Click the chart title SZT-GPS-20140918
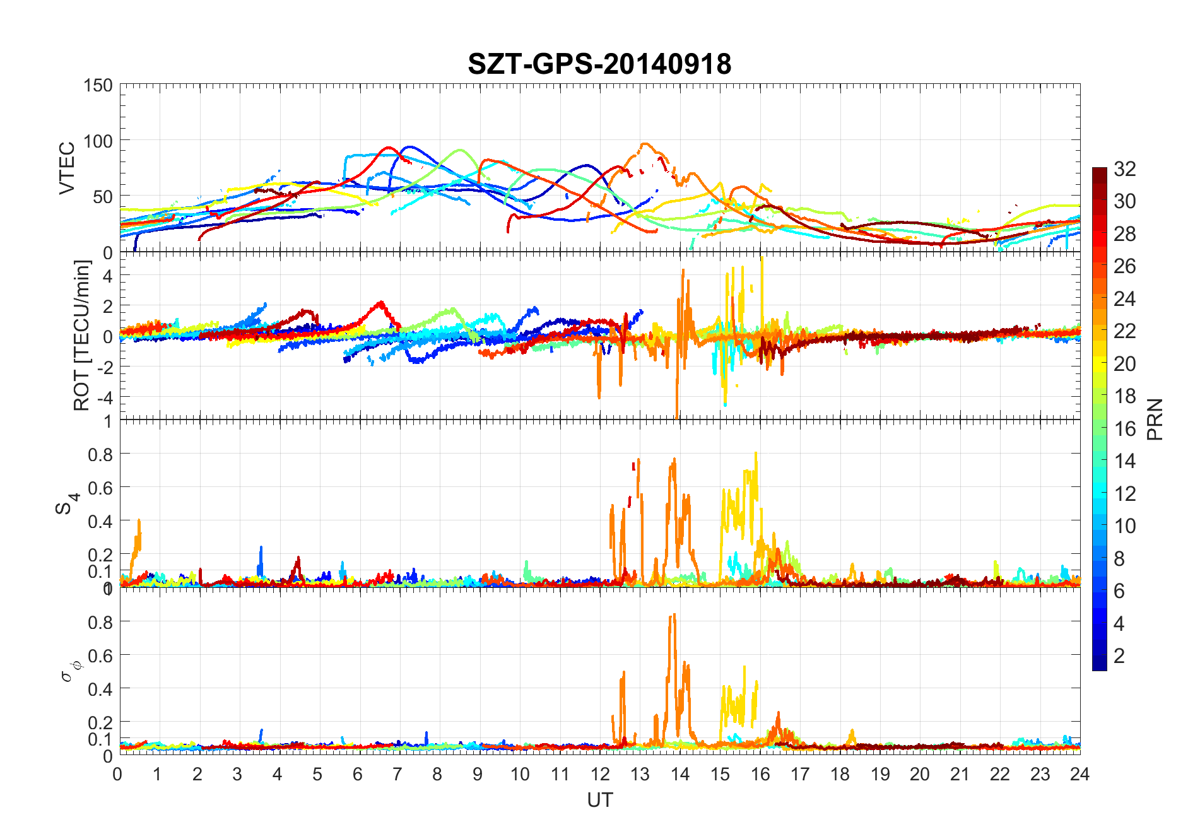(599, 64)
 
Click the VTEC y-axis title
(67, 167)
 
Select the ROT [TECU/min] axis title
(82, 335)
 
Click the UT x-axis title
(599, 800)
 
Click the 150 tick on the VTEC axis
(98, 85)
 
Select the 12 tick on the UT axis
(600, 774)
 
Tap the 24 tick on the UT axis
(1079, 774)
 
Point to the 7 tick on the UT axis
(397, 774)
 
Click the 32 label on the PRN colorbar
(1125, 168)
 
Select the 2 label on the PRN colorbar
(1119, 655)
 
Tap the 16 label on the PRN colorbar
(1125, 428)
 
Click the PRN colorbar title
(1155, 419)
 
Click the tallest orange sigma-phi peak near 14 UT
(674, 615)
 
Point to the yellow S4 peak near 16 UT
(756, 454)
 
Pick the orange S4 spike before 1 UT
(139, 521)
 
